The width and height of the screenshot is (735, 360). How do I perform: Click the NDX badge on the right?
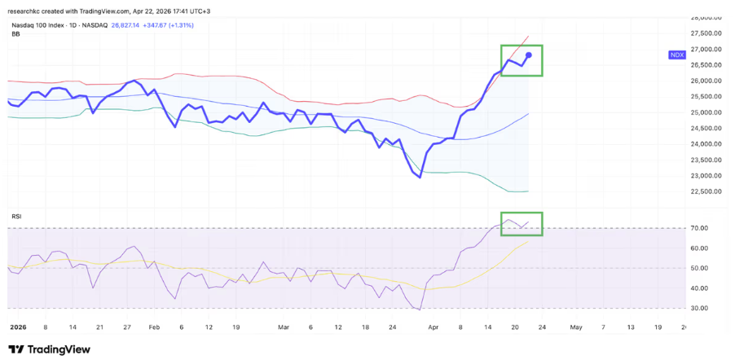(x=676, y=55)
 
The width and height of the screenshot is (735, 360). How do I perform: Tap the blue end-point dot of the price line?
(x=529, y=55)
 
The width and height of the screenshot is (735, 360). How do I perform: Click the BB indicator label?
(x=15, y=34)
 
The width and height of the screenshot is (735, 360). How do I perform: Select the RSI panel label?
(x=16, y=216)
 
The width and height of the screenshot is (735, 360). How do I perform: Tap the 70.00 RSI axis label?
(x=698, y=228)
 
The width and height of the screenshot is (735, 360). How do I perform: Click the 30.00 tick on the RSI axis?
(x=698, y=308)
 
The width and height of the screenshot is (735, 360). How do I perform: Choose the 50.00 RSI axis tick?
(x=698, y=268)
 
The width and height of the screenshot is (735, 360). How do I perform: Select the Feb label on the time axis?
(x=153, y=327)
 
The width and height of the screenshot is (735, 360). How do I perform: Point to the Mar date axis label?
(x=283, y=327)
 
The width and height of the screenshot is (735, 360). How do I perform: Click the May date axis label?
(x=575, y=327)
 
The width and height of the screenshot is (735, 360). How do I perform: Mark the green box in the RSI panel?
(x=522, y=224)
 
